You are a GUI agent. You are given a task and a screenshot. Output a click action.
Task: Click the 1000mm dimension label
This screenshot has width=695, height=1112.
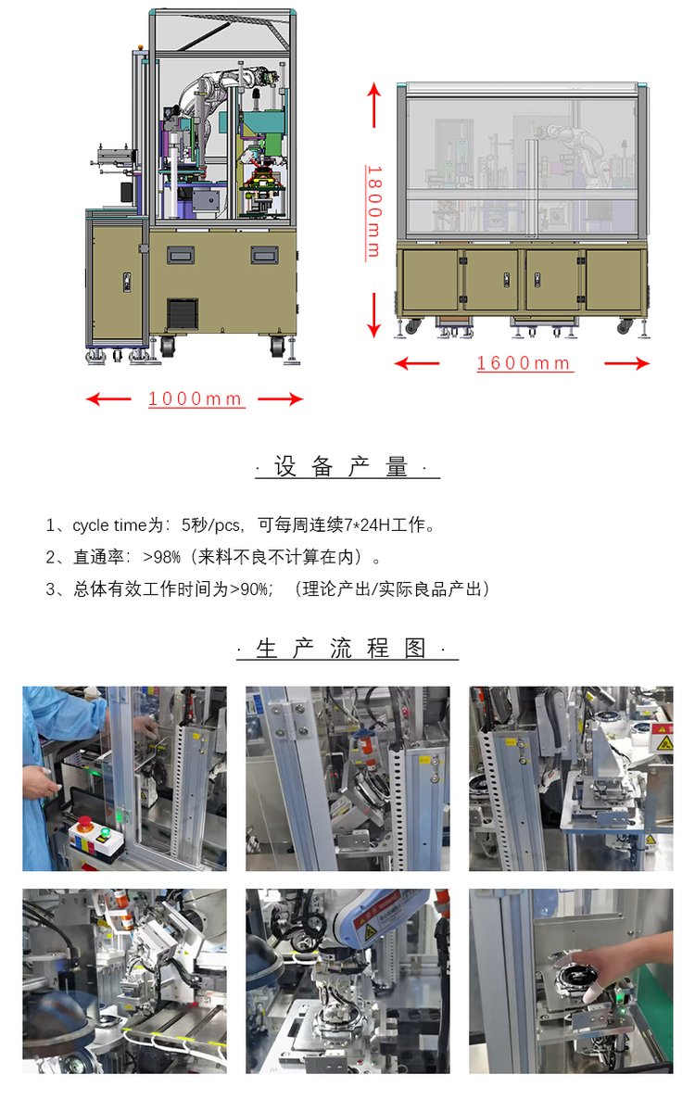196,398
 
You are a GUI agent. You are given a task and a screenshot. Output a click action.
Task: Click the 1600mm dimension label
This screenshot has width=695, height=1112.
524,363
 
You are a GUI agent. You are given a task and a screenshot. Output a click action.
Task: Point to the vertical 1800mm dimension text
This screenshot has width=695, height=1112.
373,212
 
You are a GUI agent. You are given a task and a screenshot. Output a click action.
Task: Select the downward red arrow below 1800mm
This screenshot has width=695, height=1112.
373,316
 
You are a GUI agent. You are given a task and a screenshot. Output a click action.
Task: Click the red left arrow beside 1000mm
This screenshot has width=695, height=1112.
108,398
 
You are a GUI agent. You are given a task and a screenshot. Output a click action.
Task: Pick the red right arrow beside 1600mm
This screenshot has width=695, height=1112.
627,363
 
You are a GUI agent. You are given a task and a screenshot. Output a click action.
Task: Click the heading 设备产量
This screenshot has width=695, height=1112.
347,466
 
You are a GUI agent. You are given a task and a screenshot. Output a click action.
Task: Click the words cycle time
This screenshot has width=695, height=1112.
110,525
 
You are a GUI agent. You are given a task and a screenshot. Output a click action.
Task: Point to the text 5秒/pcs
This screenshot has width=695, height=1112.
211,525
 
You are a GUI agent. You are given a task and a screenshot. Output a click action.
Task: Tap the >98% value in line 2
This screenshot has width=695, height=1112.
162,557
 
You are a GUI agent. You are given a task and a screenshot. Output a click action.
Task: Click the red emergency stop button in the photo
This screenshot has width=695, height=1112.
85,822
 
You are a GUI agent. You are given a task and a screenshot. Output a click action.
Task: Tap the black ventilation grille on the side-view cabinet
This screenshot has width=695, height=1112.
183,313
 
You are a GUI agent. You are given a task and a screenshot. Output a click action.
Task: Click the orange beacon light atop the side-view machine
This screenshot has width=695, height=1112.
141,47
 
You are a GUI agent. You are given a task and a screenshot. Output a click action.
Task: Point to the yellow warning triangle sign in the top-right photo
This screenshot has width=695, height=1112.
664,743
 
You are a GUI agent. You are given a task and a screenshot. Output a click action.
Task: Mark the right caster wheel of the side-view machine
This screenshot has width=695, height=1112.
278,346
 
